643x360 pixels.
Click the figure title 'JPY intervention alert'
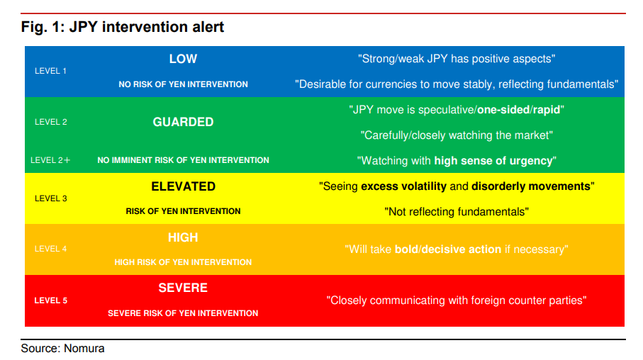147,27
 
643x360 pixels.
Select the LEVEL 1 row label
50,71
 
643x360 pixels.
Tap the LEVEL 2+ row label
50,160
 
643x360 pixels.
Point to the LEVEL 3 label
50,198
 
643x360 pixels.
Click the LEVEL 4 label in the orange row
50,249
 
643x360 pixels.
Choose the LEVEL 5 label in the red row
50,300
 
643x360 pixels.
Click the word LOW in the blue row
183,59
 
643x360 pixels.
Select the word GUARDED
183,122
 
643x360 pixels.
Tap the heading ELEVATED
184,186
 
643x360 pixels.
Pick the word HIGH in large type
183,237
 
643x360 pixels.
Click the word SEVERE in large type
183,288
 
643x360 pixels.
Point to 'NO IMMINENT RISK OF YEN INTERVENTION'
184,160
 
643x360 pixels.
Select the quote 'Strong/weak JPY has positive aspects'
457,59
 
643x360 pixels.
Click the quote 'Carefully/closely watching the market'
457,135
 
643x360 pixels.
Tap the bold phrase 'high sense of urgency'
493,161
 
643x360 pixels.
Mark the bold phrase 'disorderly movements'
531,186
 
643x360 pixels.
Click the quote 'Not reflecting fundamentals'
457,212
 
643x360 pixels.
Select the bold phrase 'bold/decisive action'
448,249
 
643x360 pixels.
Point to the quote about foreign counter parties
457,300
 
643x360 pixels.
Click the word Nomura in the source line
84,349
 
